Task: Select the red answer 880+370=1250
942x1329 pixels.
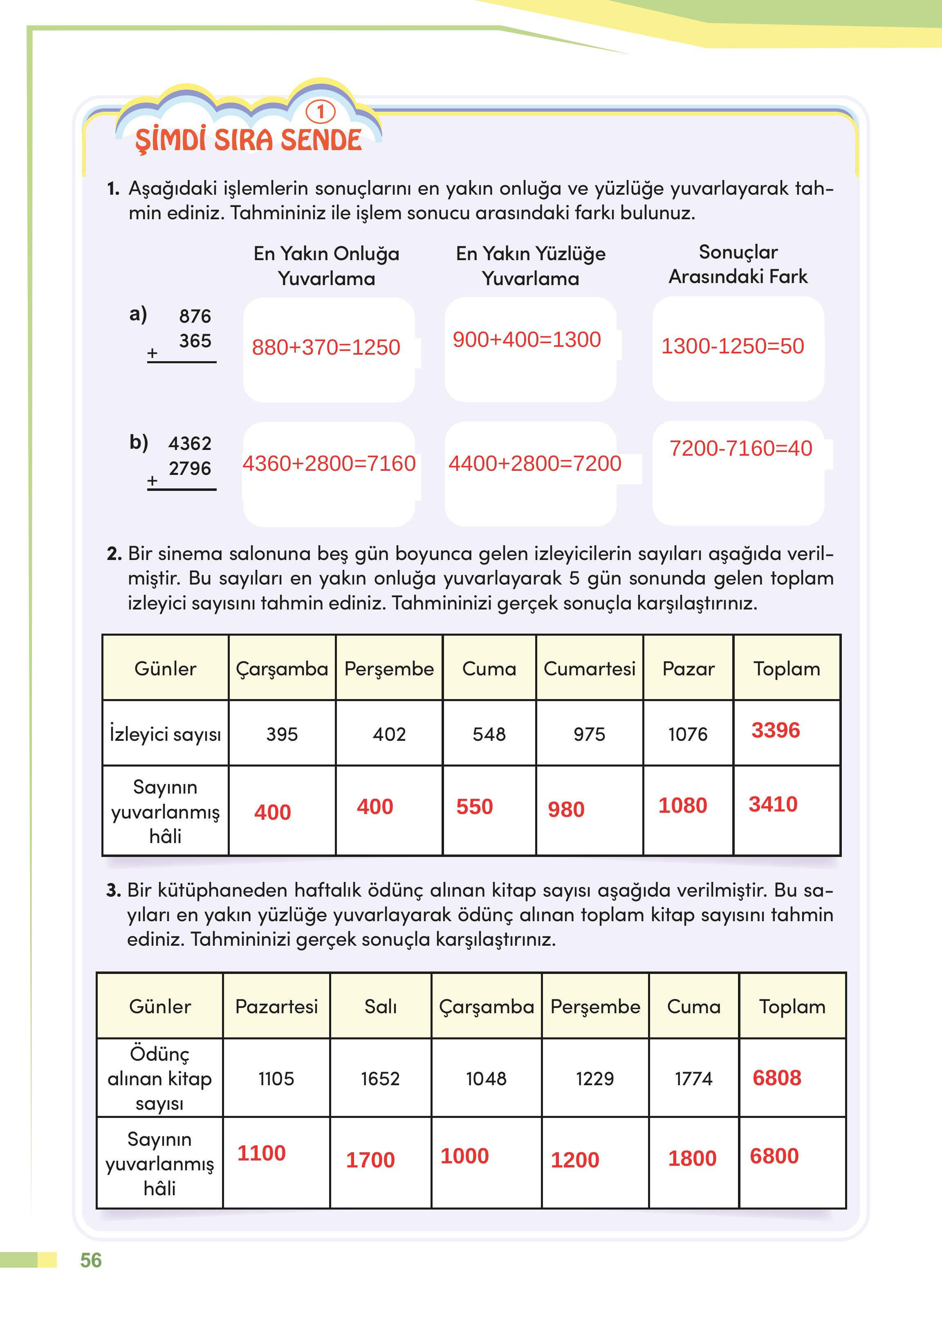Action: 326,347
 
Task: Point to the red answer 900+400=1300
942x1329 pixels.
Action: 527,340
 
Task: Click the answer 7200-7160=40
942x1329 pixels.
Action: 741,448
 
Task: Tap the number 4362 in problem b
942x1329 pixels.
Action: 190,443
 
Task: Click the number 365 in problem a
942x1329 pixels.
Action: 195,341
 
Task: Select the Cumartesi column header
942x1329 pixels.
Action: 589,668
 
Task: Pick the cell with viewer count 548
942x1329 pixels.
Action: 489,734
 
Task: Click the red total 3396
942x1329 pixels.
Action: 776,730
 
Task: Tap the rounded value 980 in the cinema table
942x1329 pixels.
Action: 566,809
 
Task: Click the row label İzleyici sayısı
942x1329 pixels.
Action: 165,734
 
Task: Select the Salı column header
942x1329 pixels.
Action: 381,1006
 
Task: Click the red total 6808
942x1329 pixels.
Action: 777,1078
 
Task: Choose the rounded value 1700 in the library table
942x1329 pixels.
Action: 370,1160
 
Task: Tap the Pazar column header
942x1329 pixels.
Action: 688,668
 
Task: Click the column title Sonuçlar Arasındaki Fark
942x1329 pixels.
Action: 738,264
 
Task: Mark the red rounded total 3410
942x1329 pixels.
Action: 773,804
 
